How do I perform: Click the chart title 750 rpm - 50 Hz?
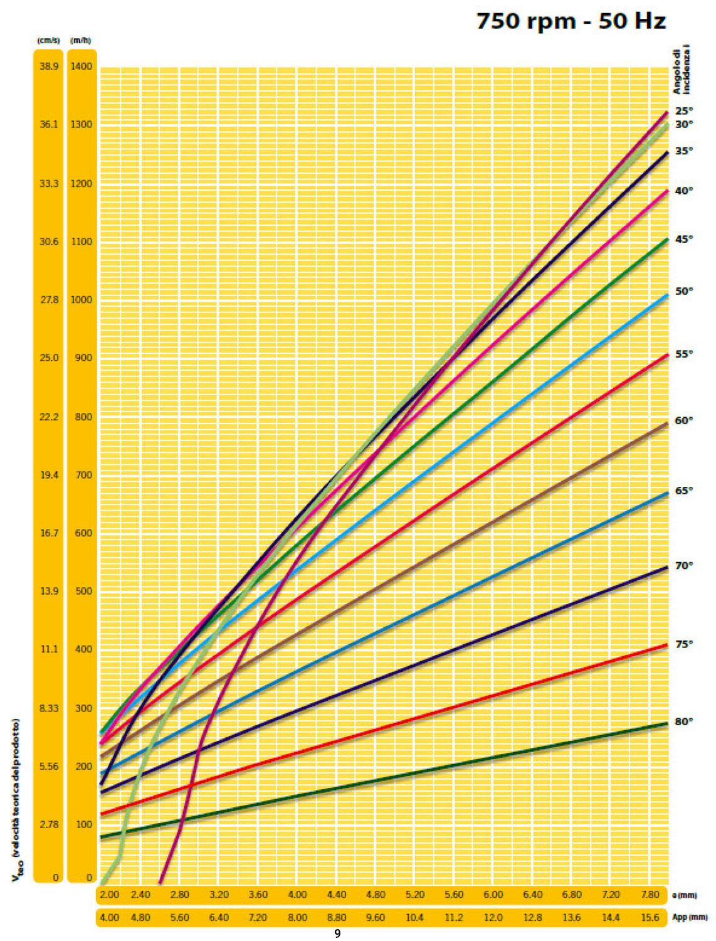pyautogui.click(x=570, y=21)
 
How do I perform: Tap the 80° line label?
pyautogui.click(x=683, y=721)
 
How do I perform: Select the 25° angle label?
pyautogui.click(x=683, y=110)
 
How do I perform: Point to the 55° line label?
pyautogui.click(x=683, y=354)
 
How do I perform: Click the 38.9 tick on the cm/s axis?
pyautogui.click(x=49, y=66)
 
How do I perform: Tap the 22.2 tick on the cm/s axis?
pyautogui.click(x=49, y=417)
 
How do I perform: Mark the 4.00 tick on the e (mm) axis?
pyautogui.click(x=297, y=895)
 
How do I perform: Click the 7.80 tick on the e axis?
pyautogui.click(x=650, y=895)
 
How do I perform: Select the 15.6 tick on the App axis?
pyautogui.click(x=650, y=918)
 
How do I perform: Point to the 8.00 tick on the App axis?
pyautogui.click(x=297, y=918)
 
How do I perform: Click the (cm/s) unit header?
pyautogui.click(x=49, y=41)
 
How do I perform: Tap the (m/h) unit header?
pyautogui.click(x=81, y=41)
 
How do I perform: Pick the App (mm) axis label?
pyautogui.click(x=690, y=918)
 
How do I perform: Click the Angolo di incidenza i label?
pyautogui.click(x=681, y=73)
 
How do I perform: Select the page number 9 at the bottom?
pyautogui.click(x=337, y=934)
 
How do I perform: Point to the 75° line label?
pyautogui.click(x=683, y=644)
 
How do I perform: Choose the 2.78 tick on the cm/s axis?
pyautogui.click(x=49, y=824)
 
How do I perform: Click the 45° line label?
pyautogui.click(x=683, y=239)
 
